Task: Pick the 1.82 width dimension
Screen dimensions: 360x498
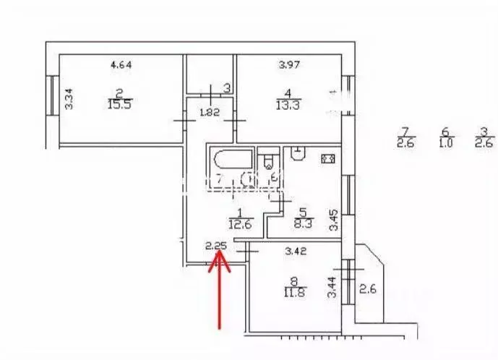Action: click(210, 112)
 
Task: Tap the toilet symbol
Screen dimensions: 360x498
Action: click(269, 161)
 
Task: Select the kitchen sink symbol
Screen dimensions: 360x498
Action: click(297, 153)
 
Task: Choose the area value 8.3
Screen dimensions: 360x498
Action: click(304, 225)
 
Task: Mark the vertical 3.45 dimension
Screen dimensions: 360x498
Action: click(334, 220)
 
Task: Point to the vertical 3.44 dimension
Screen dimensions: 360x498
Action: click(333, 288)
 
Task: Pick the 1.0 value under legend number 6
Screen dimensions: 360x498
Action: click(445, 142)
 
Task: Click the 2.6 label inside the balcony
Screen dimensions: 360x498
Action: click(368, 290)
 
